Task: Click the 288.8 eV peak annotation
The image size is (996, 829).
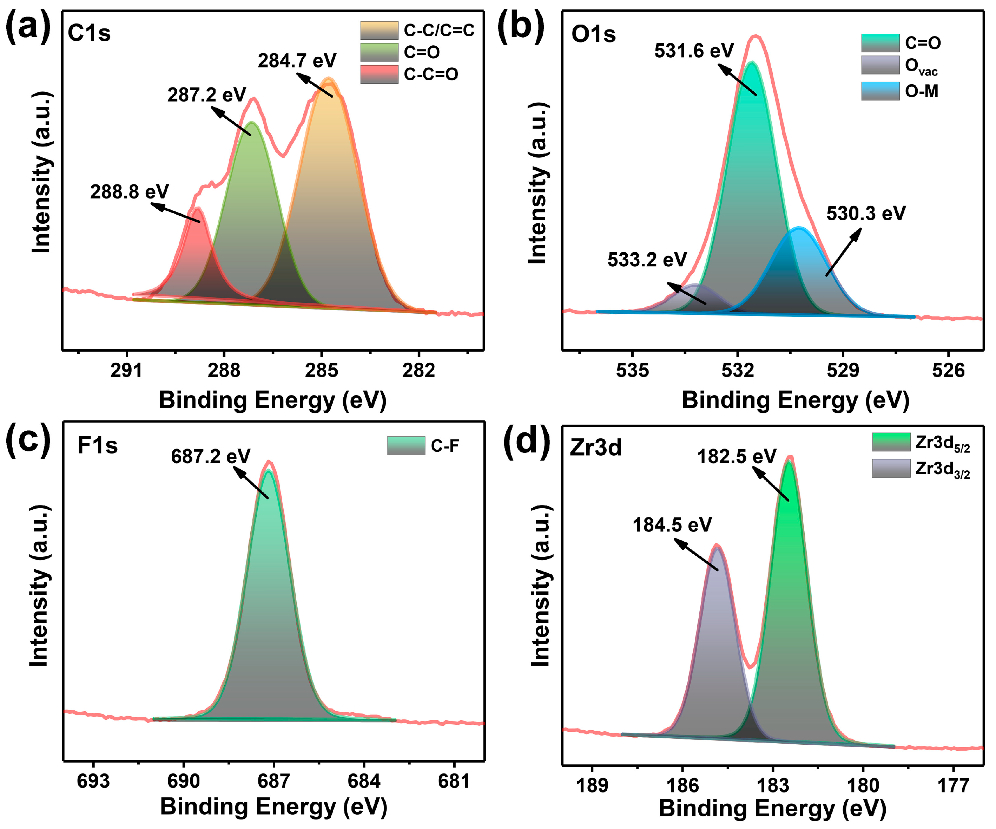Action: pyautogui.click(x=130, y=192)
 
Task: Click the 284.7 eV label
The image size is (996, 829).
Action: pyautogui.click(x=297, y=61)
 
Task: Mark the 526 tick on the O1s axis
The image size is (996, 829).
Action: pyautogui.click(x=948, y=371)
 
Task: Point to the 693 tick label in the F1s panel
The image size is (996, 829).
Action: pyautogui.click(x=93, y=781)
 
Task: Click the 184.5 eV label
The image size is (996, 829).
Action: pyautogui.click(x=672, y=525)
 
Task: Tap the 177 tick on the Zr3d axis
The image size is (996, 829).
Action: pyautogui.click(x=953, y=785)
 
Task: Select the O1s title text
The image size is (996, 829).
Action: pyautogui.click(x=593, y=34)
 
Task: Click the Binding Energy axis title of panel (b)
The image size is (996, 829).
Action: pyautogui.click(x=796, y=400)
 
